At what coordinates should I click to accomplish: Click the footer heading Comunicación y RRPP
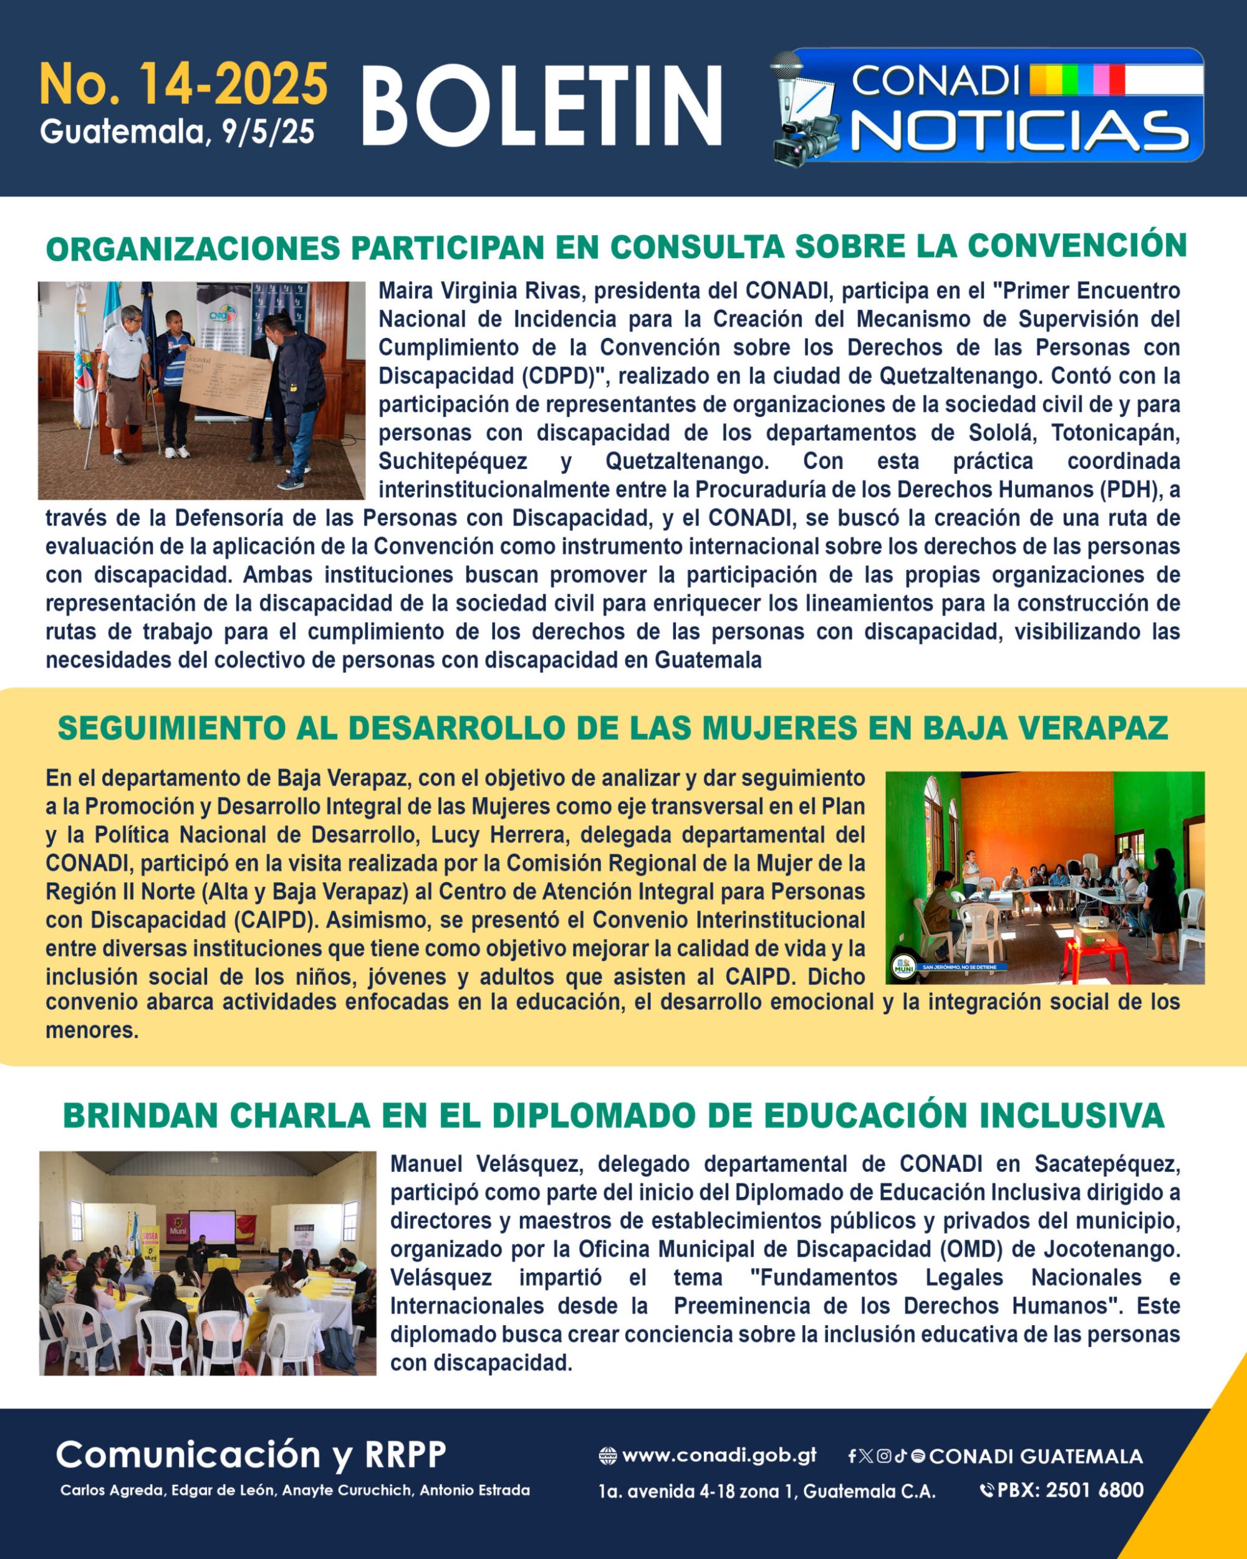(251, 1454)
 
